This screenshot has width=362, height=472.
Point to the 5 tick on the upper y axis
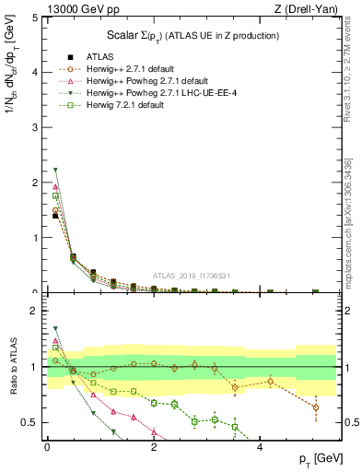[36, 17]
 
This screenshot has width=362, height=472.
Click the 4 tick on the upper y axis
[36, 72]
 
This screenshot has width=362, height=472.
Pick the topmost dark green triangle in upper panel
[55, 170]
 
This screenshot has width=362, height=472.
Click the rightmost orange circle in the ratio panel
[316, 407]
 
